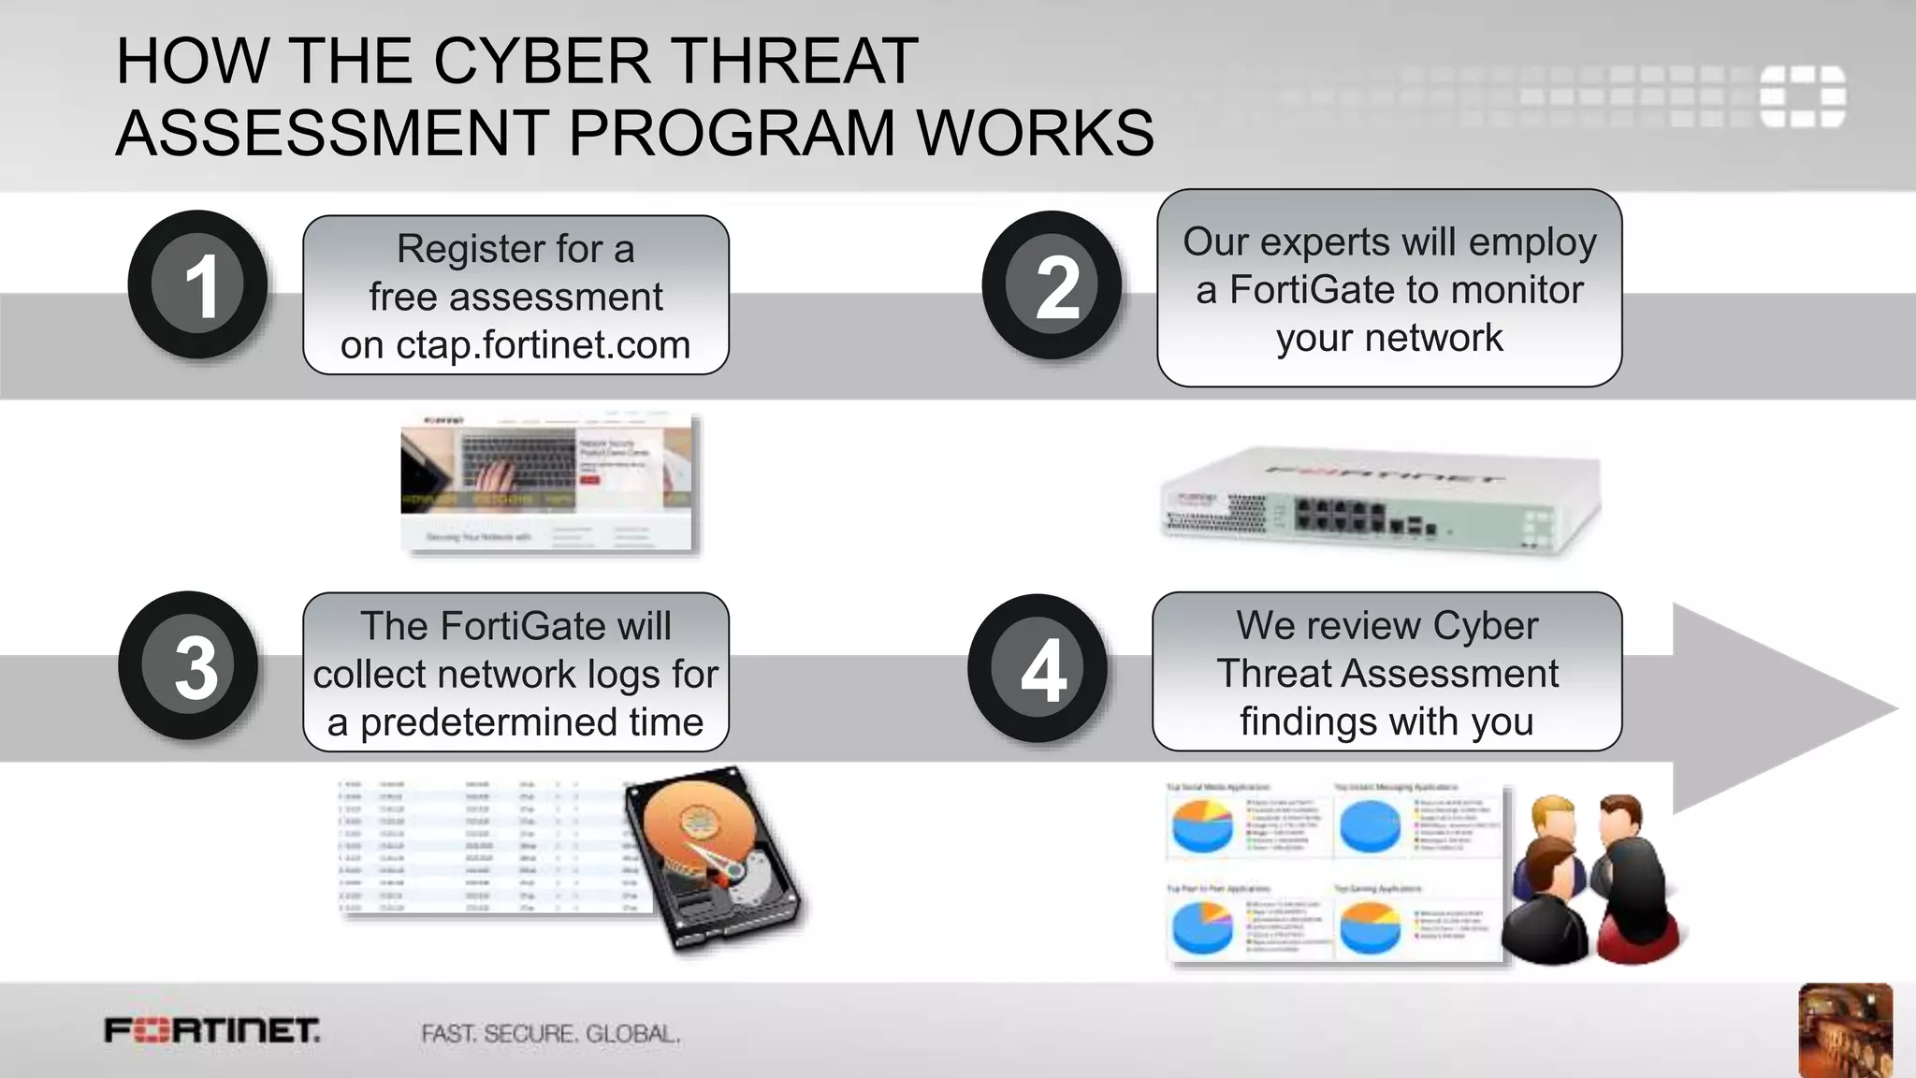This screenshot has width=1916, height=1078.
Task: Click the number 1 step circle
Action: [198, 284]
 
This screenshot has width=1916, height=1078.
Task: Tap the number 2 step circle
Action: [1052, 285]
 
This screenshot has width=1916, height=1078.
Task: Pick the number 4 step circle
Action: [1038, 668]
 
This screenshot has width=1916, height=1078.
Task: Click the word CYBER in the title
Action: [542, 62]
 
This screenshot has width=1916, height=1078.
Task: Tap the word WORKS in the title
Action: [1036, 133]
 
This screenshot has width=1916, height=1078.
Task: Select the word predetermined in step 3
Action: [486, 722]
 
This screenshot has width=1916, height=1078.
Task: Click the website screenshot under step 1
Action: [549, 482]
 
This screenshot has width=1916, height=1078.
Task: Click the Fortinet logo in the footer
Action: [212, 1031]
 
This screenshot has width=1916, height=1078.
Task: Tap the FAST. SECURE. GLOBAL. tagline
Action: [550, 1034]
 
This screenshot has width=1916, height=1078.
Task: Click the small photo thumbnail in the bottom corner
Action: [1845, 1029]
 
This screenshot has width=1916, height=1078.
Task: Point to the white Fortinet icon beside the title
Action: [1802, 95]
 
